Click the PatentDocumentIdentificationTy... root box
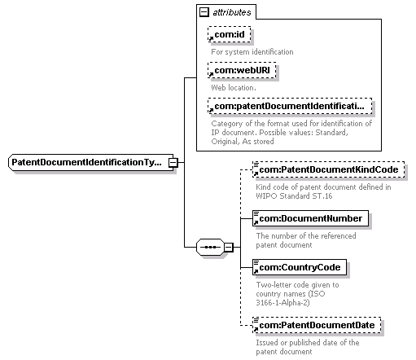click(x=90, y=162)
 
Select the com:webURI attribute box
click(x=243, y=70)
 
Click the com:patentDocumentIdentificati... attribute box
click(x=291, y=106)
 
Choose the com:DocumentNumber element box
click(x=309, y=217)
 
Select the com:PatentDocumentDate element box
click(x=317, y=325)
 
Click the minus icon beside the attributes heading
click(x=203, y=12)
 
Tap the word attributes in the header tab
click(x=233, y=13)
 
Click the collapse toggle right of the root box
click(x=173, y=162)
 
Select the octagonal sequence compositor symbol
click(x=208, y=247)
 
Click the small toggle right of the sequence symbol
click(x=229, y=247)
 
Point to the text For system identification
click(x=252, y=52)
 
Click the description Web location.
click(x=234, y=86)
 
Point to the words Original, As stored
click(x=241, y=141)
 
